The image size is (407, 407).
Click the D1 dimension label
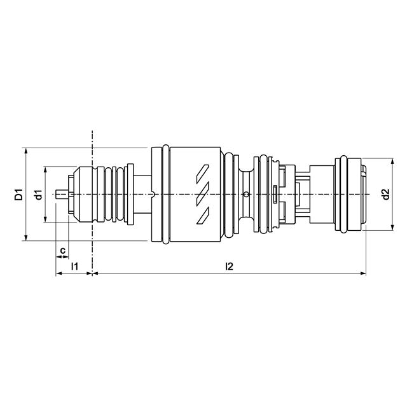pyautogui.click(x=18, y=195)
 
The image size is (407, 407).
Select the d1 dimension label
pyautogui.click(x=39, y=195)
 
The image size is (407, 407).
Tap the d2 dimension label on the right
pyautogui.click(x=386, y=195)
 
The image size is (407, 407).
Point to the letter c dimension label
pyautogui.click(x=62, y=251)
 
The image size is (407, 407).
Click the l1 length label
pyautogui.click(x=74, y=266)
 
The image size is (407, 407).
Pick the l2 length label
pyautogui.click(x=229, y=266)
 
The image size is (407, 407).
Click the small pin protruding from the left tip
pyautogui.click(x=62, y=194)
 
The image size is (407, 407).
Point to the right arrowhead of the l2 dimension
pyautogui.click(x=364, y=274)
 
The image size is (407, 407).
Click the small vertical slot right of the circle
pyautogui.click(x=273, y=194)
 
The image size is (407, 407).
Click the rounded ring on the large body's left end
pyautogui.click(x=165, y=194)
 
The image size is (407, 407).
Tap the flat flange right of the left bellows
pyautogui.click(x=130, y=194)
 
